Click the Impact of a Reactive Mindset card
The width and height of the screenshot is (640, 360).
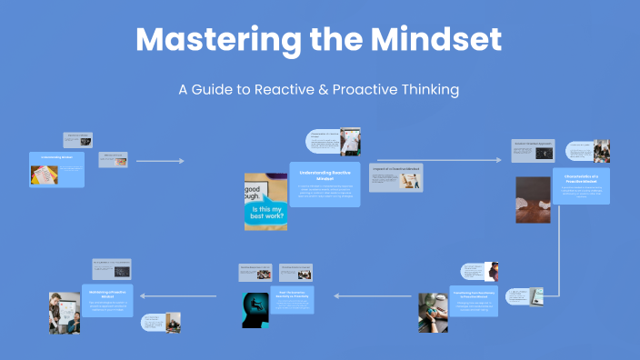tap(395, 177)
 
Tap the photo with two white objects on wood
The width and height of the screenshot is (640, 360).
tap(533, 199)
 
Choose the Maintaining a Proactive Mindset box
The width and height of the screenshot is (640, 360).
tap(107, 300)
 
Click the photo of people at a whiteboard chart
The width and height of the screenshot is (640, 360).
tap(64, 313)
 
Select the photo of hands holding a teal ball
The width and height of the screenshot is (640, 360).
tap(433, 312)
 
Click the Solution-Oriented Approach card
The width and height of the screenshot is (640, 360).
tap(534, 151)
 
